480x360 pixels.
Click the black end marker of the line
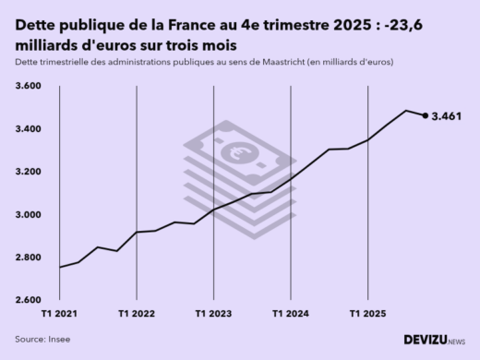(x=425, y=115)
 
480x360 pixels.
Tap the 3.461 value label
(x=447, y=115)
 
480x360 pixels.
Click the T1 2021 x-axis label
(x=60, y=314)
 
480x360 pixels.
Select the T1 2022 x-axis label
(x=137, y=314)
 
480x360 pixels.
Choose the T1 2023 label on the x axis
(x=213, y=314)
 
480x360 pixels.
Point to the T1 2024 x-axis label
(x=290, y=314)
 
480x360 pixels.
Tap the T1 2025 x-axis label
(x=366, y=314)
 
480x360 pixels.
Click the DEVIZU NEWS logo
(x=434, y=340)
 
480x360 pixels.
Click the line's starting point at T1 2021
(x=60, y=268)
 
